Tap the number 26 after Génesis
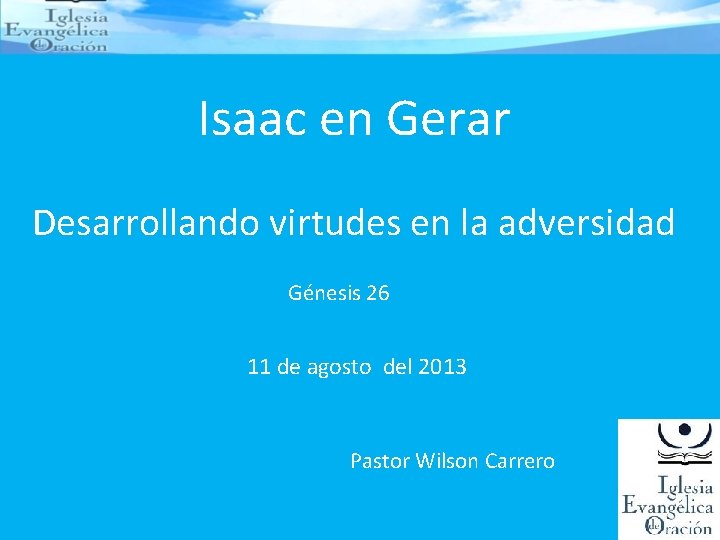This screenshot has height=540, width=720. [378, 293]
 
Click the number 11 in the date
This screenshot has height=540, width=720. [259, 367]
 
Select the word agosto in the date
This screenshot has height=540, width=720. [337, 368]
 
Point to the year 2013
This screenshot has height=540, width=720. [442, 367]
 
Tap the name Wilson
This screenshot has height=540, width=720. [446, 461]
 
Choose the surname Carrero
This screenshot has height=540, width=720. [519, 461]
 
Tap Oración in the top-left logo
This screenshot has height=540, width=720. [75, 45]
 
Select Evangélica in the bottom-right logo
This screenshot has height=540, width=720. [667, 506]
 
